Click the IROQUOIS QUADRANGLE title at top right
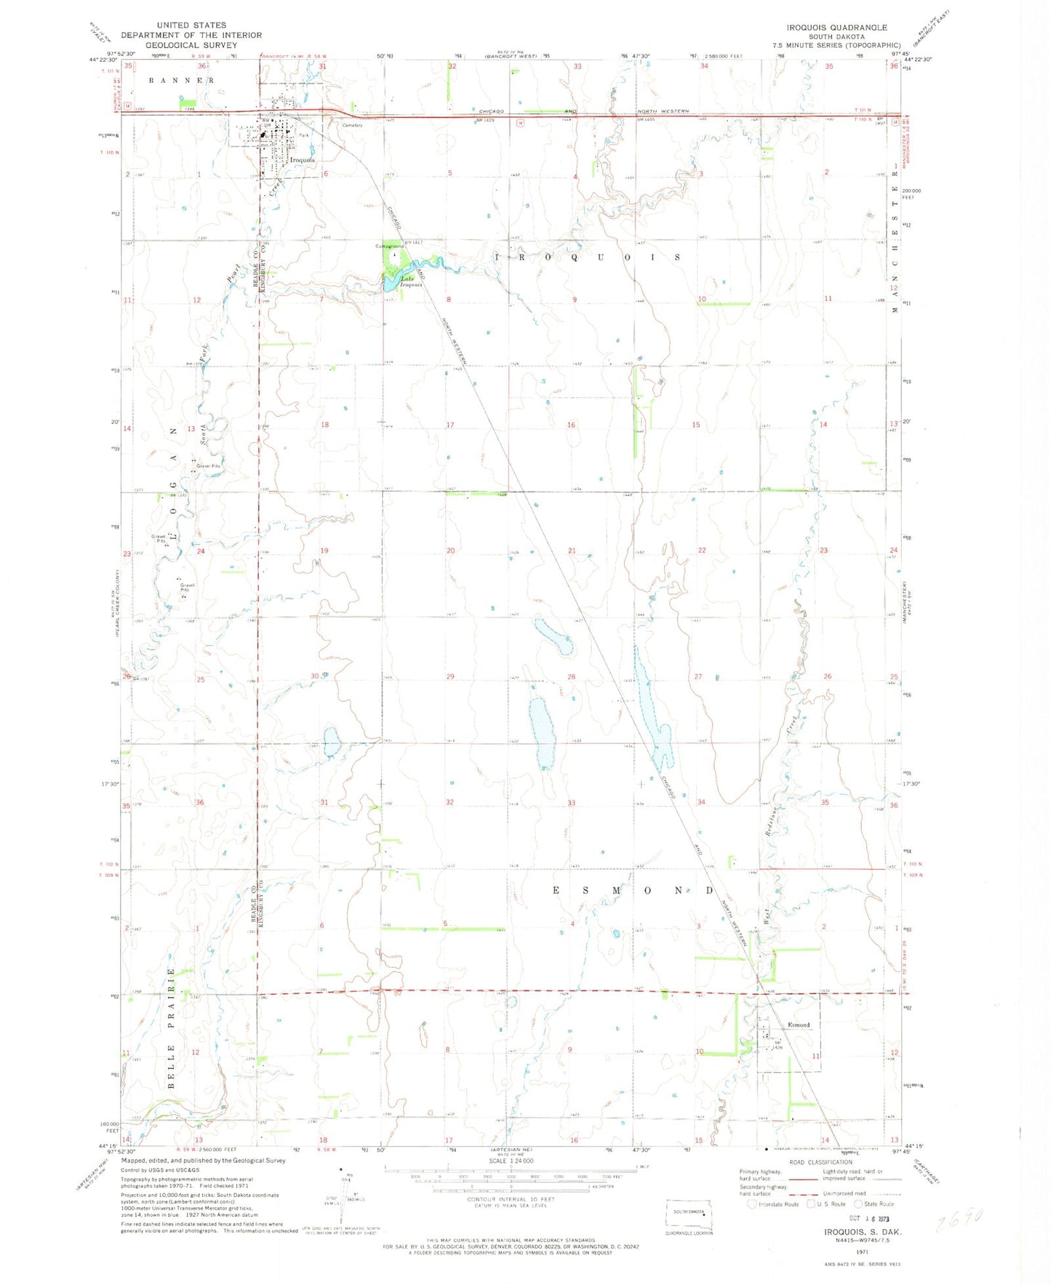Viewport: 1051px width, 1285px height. (836, 27)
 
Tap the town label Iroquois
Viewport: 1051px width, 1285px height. (302, 160)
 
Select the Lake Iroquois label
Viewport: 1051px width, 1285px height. (410, 281)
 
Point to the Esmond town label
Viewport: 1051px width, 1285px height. (799, 1025)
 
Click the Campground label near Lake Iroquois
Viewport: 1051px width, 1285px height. (390, 246)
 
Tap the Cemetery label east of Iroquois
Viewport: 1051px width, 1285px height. (352, 125)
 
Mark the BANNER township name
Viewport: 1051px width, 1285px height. (181, 80)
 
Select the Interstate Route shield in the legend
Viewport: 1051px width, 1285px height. (751, 1204)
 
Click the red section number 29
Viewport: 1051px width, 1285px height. (450, 676)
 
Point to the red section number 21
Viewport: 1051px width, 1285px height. (572, 551)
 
